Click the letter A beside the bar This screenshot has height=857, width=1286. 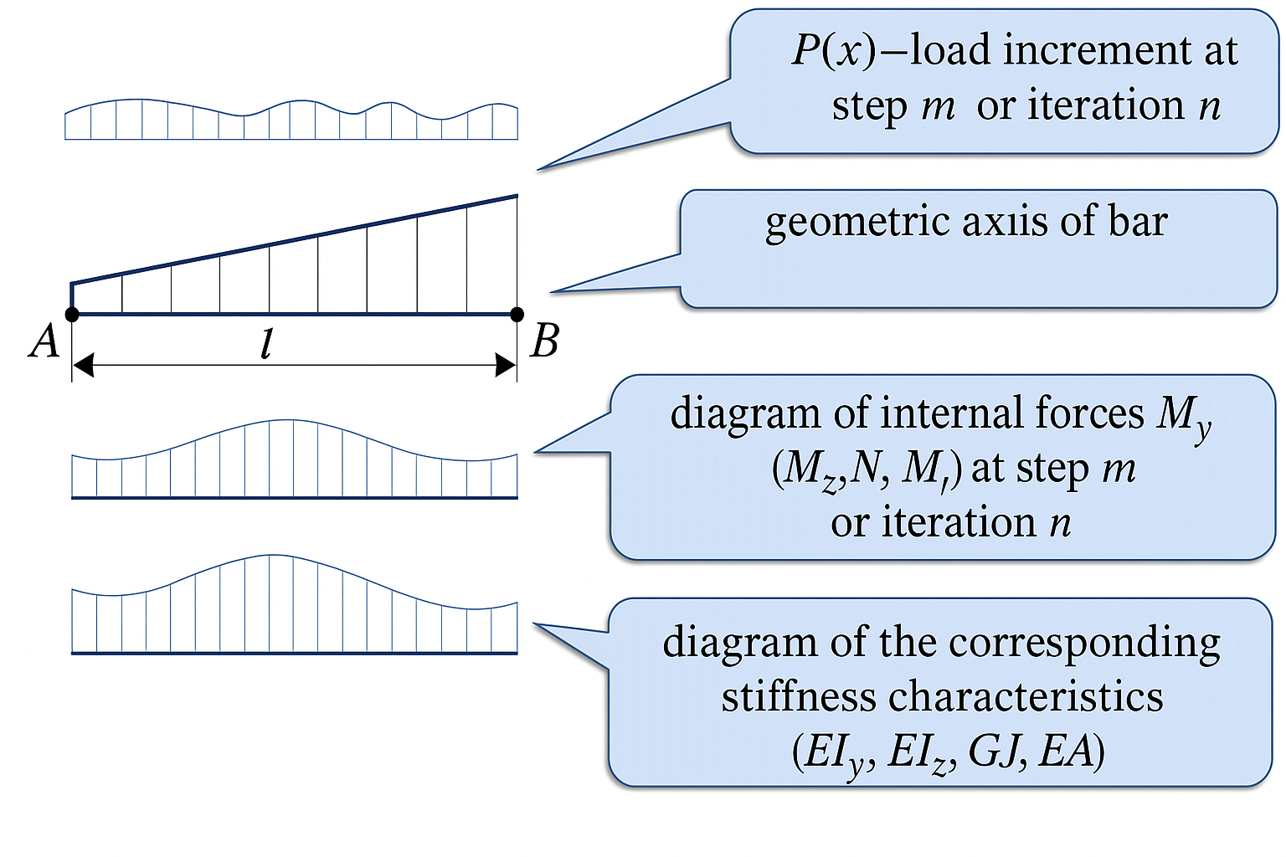(44, 341)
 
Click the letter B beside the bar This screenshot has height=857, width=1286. (545, 341)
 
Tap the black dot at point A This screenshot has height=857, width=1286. (72, 315)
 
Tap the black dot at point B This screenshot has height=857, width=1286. (517, 315)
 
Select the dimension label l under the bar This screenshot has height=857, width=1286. (267, 344)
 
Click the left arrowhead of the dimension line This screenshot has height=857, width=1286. (83, 365)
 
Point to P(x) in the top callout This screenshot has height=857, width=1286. (832, 50)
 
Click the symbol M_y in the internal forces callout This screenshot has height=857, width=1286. (1182, 415)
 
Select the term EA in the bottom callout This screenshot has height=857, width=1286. (1066, 751)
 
